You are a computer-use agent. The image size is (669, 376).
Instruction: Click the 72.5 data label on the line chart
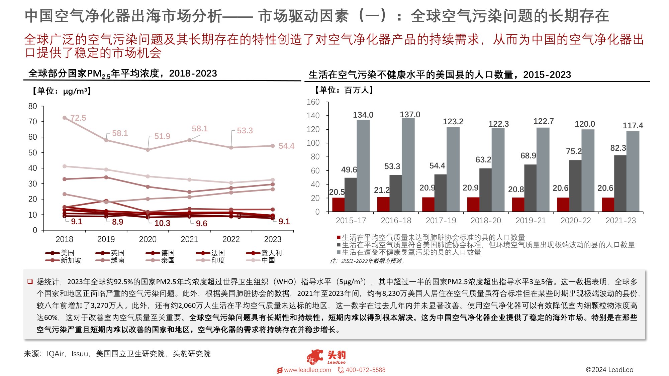click(78, 118)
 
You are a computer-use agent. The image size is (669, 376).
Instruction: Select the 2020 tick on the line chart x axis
click(148, 239)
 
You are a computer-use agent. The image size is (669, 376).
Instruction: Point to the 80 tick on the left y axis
click(33, 106)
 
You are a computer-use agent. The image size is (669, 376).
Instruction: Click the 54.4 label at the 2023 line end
click(286, 146)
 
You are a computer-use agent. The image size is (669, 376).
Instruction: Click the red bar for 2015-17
click(338, 205)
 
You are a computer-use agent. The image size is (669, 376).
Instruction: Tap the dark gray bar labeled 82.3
click(620, 183)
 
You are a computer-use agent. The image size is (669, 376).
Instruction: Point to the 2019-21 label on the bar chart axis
click(531, 221)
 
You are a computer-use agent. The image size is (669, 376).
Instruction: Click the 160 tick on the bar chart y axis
click(313, 102)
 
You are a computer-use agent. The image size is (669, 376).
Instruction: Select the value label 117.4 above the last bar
click(633, 126)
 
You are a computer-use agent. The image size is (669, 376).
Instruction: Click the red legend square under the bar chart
click(339, 238)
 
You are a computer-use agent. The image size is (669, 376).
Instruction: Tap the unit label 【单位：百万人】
click(344, 90)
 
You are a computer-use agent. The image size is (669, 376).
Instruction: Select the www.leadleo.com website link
click(307, 370)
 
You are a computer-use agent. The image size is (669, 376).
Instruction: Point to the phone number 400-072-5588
click(365, 370)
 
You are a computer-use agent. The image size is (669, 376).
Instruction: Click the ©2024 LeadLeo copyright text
click(609, 370)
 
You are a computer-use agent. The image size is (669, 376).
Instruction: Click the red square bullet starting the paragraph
click(30, 281)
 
